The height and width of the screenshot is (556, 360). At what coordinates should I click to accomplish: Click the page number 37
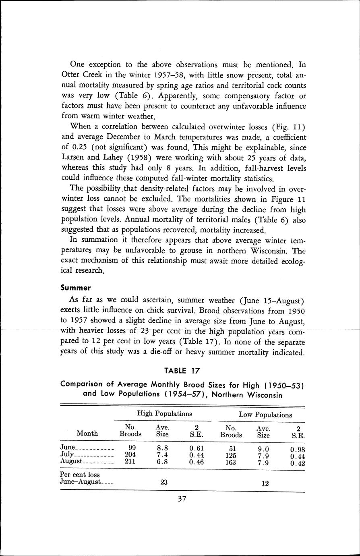pos(181,499)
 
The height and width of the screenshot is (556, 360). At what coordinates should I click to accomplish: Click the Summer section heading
pos(75,288)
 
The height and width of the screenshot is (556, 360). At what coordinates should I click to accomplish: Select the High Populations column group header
pos(164,413)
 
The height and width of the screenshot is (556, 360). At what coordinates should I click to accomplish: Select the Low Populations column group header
pos(265,414)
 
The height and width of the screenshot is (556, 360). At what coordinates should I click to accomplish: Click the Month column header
pos(87,433)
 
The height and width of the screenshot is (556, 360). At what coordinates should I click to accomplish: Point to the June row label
pos(68,447)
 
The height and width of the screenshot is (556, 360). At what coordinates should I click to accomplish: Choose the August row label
pos(71,461)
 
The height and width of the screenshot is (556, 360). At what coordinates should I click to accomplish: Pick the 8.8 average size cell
pos(162,447)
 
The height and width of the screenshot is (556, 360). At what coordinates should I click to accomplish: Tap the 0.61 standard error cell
pos(196,447)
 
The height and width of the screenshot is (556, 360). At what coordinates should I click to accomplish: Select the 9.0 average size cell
pos(263,449)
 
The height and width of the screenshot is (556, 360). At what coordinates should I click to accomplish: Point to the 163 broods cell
pos(231,463)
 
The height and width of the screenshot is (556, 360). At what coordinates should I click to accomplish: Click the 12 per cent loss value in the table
pos(265,483)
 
